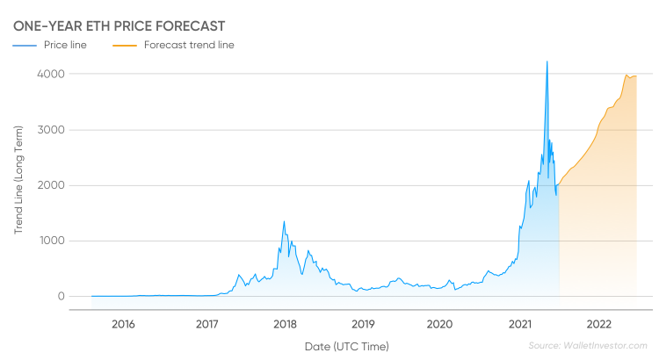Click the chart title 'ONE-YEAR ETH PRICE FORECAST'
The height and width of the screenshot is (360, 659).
coord(119,26)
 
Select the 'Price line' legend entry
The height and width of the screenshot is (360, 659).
coord(49,45)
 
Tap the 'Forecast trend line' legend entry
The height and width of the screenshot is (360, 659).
coord(174,45)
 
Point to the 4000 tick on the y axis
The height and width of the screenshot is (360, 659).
coord(51,74)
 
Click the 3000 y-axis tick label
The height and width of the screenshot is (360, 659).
coord(51,130)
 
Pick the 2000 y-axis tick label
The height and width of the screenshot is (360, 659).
coord(51,185)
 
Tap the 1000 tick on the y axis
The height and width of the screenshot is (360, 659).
coord(52,241)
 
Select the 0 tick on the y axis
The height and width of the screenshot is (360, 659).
coord(62,297)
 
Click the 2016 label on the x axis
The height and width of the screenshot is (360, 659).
coord(123,324)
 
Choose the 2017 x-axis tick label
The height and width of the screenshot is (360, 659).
coord(206,324)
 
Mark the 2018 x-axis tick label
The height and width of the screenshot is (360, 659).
coord(285,324)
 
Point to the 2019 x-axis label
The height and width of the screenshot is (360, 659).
coord(363,324)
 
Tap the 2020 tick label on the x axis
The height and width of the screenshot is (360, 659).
coord(439,324)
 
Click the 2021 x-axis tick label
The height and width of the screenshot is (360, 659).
coord(520,324)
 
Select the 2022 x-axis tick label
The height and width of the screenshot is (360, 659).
coord(599,324)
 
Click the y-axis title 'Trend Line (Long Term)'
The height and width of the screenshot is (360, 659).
coord(18,180)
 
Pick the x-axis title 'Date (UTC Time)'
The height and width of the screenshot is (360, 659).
coord(347,347)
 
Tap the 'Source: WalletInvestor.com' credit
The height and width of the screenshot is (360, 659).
coord(588,346)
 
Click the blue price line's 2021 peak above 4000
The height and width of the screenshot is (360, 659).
coord(547,61)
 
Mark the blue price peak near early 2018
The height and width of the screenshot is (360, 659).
coord(284,221)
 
